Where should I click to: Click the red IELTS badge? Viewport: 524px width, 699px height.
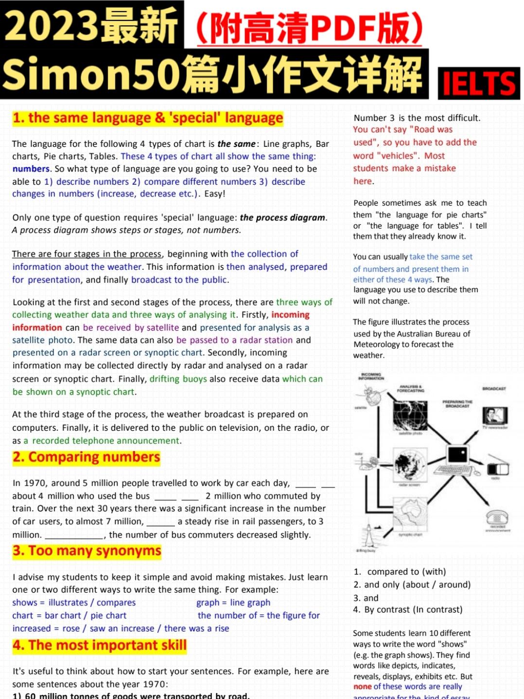[479, 84]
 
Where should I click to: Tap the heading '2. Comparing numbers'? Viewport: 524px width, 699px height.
[87, 457]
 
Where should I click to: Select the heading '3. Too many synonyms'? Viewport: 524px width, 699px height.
[87, 551]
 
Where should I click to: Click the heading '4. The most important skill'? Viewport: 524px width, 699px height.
[100, 646]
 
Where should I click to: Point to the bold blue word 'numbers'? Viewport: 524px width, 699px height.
[31, 169]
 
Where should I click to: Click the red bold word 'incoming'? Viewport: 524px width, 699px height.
[290, 315]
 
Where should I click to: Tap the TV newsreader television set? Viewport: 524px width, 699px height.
[494, 416]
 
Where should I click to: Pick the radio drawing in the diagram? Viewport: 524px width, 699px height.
[497, 469]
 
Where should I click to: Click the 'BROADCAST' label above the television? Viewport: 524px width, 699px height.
[494, 388]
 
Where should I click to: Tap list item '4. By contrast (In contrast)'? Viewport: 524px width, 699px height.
[408, 610]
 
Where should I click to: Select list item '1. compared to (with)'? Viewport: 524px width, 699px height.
[400, 572]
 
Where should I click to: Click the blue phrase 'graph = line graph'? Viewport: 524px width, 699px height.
[233, 603]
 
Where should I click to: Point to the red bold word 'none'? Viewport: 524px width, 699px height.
[363, 687]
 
